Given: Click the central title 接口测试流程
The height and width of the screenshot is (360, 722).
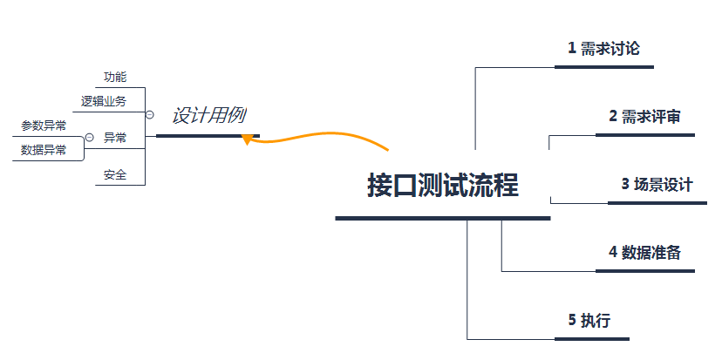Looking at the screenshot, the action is [x=443, y=186].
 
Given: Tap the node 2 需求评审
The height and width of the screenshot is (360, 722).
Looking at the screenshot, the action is [x=645, y=116].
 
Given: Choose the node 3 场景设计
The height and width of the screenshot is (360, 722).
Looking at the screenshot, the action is [x=657, y=184].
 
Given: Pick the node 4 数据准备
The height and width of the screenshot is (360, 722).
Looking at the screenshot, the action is [x=645, y=252].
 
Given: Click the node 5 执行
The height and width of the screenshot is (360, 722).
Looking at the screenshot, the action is [x=589, y=320].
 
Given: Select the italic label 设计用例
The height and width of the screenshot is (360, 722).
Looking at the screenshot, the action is [x=208, y=115].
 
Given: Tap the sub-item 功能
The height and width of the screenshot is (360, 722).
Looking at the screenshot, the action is [x=115, y=77].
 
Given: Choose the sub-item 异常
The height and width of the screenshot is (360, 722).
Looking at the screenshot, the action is [x=115, y=138].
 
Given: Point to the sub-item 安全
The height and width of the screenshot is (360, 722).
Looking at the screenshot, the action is [x=115, y=175].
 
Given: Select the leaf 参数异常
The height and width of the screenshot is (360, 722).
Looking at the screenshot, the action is [x=44, y=126].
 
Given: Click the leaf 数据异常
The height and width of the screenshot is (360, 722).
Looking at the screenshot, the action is [x=44, y=150].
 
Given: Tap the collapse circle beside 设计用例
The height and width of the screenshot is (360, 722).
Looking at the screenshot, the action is [x=149, y=115].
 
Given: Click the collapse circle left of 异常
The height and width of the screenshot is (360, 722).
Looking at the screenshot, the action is [x=89, y=138].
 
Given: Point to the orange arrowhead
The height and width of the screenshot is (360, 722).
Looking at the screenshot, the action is [x=248, y=138].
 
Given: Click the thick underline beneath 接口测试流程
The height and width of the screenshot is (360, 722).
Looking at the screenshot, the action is [x=442, y=218].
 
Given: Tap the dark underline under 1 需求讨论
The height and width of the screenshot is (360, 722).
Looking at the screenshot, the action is [x=605, y=66].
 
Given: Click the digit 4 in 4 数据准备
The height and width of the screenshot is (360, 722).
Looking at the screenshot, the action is [x=613, y=252].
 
